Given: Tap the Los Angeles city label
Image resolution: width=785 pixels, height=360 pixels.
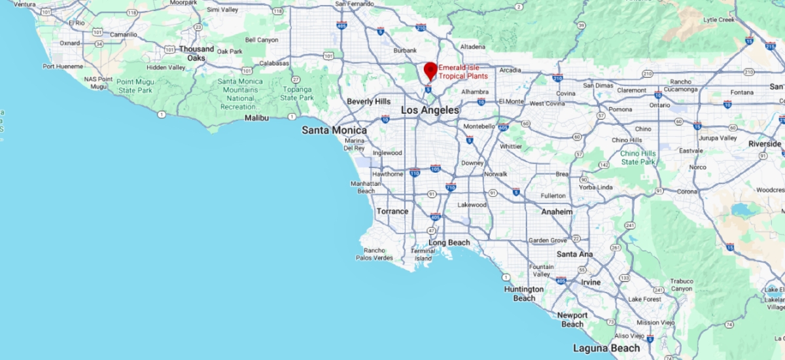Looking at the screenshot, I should coord(430,111).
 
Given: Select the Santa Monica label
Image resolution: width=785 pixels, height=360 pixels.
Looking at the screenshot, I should coord(334,130).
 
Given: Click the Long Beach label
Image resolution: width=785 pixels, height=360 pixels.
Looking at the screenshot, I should coord(449,243).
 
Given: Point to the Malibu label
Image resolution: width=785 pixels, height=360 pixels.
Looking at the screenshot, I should coord(256,118).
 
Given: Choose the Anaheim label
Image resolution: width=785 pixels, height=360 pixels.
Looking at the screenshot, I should coord(557,212).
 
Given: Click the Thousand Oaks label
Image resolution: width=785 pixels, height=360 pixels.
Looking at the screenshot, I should coord(196,54).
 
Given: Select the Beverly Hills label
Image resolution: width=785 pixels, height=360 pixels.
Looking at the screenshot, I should coord(369,101).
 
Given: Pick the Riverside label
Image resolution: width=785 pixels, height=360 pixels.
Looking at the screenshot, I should coord(765,143).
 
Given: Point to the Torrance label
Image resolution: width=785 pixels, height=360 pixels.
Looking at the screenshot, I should coord(392,211).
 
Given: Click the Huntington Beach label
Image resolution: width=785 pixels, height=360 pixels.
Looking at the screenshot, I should coord(523,293).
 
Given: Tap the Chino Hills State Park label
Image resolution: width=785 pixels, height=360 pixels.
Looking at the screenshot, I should coord(638,157).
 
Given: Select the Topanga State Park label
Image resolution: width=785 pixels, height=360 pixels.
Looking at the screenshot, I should coord(297,94).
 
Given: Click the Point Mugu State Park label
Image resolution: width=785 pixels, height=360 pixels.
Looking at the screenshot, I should coord(135,86).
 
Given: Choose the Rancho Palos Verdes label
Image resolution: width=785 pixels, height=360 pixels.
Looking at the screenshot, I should coord(374,253).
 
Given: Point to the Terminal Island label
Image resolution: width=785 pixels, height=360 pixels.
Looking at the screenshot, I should coord(423,255).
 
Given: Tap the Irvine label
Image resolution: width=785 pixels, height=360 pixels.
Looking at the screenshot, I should coord(591,282).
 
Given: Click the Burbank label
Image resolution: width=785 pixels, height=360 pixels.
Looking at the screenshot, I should coord(404,50).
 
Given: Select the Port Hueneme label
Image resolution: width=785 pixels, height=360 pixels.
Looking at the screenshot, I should coord(63,66).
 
